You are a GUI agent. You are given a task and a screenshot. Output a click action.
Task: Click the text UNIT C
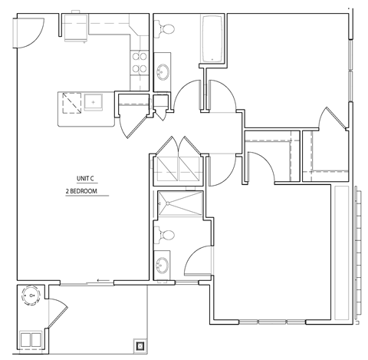point(85,177)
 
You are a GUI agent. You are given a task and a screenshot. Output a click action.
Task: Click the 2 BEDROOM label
point(85,190)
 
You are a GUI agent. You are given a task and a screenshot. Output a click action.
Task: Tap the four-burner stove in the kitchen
point(140,62)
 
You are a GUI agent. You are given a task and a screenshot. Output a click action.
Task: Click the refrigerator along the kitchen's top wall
point(77,28)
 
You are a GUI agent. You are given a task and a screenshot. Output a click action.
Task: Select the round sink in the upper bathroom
point(164,73)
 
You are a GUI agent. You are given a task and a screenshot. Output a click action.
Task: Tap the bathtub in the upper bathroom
point(212,38)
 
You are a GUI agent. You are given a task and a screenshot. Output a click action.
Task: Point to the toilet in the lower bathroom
point(166,234)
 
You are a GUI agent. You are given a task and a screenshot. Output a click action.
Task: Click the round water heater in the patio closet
point(30,294)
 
